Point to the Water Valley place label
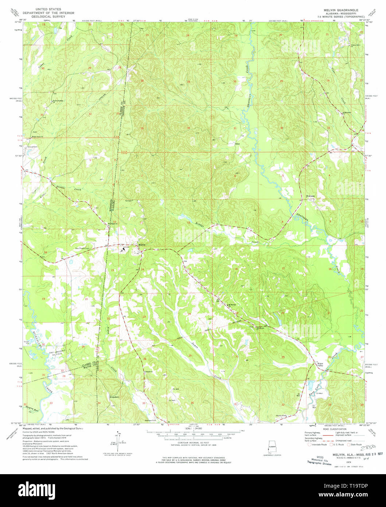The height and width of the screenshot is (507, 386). point(320,364)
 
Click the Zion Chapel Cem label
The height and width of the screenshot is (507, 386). point(82,248)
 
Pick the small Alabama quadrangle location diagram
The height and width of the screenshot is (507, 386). point(272,448)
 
